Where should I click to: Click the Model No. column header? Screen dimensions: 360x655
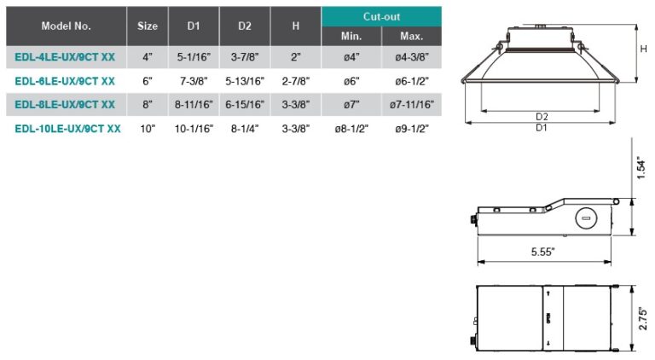tap(66, 26)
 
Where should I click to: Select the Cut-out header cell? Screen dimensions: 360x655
tap(381, 16)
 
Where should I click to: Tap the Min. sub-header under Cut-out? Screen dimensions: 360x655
tap(351, 37)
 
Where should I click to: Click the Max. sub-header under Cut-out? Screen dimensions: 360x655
tap(411, 37)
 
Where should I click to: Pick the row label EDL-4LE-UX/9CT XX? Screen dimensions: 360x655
tap(66, 57)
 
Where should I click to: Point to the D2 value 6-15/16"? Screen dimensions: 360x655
tap(245, 105)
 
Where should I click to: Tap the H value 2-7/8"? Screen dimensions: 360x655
tap(295, 81)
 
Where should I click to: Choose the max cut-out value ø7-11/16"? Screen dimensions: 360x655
tap(411, 105)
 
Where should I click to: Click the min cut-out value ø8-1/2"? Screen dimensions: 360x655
tap(351, 129)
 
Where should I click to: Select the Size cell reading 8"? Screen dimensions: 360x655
tap(147, 105)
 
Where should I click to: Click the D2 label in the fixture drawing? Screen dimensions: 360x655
tap(542, 116)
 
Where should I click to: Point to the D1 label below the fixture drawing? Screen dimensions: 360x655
tap(542, 127)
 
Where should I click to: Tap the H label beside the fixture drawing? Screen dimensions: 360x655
tap(643, 49)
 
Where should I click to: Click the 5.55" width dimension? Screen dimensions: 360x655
tap(542, 252)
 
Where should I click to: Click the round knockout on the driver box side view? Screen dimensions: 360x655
tap(585, 218)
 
